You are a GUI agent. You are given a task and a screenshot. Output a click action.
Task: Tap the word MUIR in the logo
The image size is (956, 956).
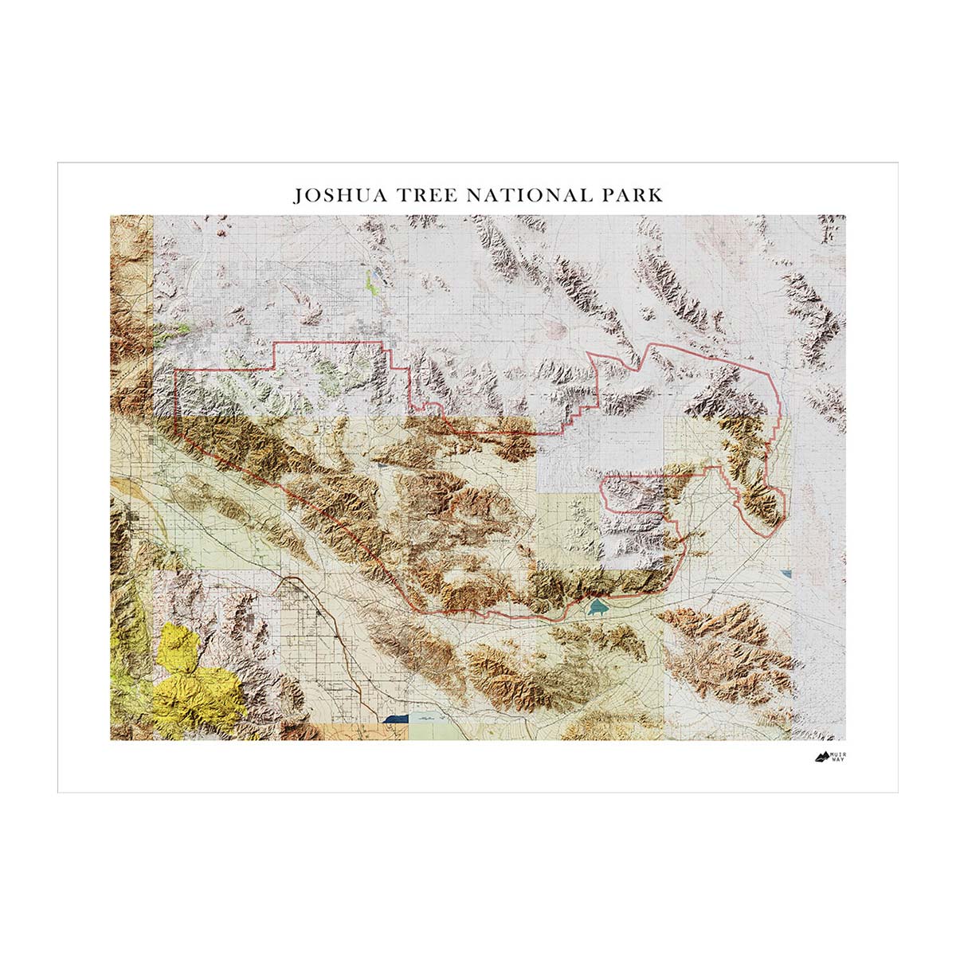[x=837, y=751]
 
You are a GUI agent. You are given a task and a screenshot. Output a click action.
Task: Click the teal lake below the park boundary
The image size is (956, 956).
[x=596, y=609]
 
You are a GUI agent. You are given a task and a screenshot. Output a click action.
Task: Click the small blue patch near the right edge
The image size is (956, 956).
[x=789, y=573]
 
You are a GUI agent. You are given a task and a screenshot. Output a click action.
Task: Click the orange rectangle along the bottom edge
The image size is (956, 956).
[x=366, y=731]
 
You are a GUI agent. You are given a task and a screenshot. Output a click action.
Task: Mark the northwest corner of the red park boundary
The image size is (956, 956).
[x=176, y=370]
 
